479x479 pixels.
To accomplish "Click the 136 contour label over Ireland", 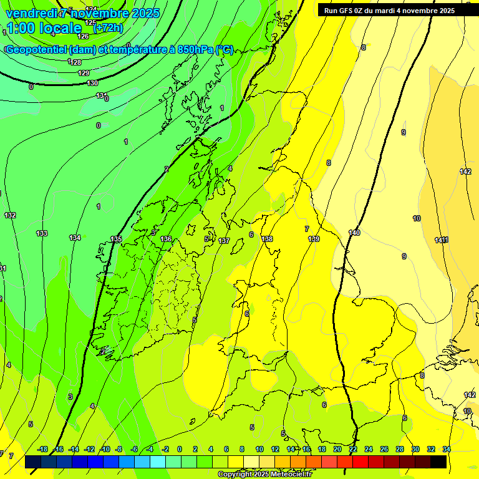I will tap(166, 239).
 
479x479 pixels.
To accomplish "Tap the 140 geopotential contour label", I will tap(354, 233).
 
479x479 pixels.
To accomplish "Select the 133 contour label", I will tap(42, 233).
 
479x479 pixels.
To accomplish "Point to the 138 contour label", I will tap(267, 239).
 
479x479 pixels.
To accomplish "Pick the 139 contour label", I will tap(314, 239).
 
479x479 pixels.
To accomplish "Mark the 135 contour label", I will tap(117, 239).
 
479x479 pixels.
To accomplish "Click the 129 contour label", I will tap(84, 73).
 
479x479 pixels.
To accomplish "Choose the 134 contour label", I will tap(75, 238).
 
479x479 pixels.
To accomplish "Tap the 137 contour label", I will tap(225, 241).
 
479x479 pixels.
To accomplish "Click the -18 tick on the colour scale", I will tap(42, 449).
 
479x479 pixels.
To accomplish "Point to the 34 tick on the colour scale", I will tap(447, 449).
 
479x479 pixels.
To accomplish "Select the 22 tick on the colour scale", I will tap(353, 449).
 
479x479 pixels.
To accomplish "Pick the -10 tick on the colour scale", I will tap(105, 449).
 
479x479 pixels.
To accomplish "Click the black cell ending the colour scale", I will tap(438, 462).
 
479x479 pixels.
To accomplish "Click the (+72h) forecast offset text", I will tap(107, 28).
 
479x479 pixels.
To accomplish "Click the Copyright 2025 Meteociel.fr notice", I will tap(264, 475).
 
